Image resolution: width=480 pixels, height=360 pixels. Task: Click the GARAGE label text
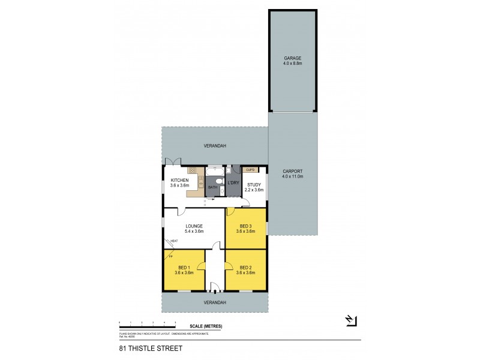[x=293, y=58]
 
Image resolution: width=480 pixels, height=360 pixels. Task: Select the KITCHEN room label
[x=180, y=180]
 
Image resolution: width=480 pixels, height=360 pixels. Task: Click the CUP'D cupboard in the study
[x=251, y=170]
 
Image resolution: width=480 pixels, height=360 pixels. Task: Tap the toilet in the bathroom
[x=221, y=191]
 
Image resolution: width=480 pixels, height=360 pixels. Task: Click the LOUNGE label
[x=193, y=226]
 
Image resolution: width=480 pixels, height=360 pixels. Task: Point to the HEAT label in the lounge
[x=174, y=241]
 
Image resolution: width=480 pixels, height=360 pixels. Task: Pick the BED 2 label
[x=245, y=267]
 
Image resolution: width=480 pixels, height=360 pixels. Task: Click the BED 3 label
[x=245, y=226]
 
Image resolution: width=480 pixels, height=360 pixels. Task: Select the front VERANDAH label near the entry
[x=215, y=302]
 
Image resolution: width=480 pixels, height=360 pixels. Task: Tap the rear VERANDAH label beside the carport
[x=215, y=145]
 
